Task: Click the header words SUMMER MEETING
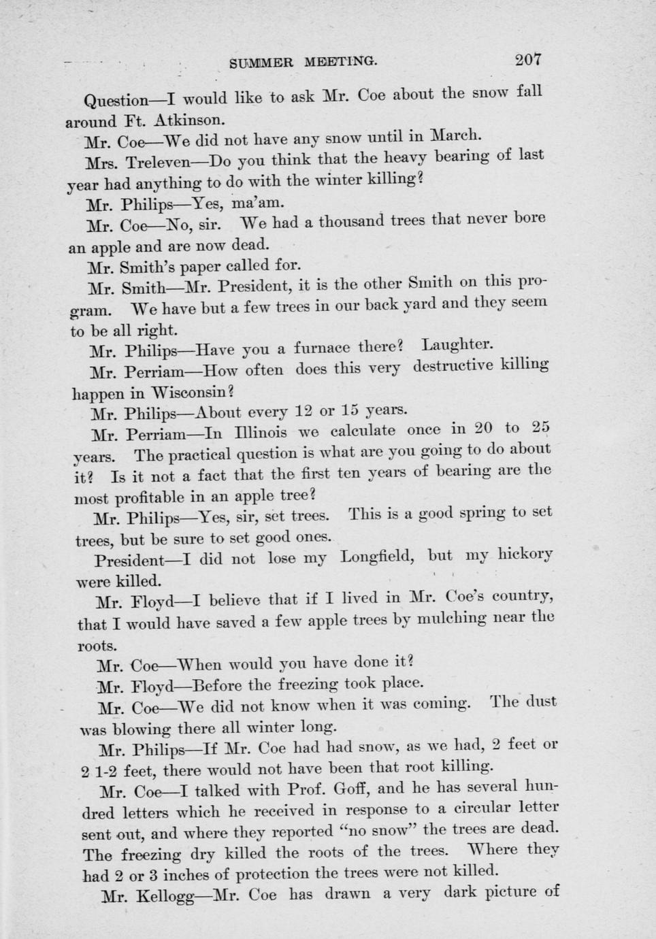tap(304, 63)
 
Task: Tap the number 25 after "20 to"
tap(541, 427)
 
